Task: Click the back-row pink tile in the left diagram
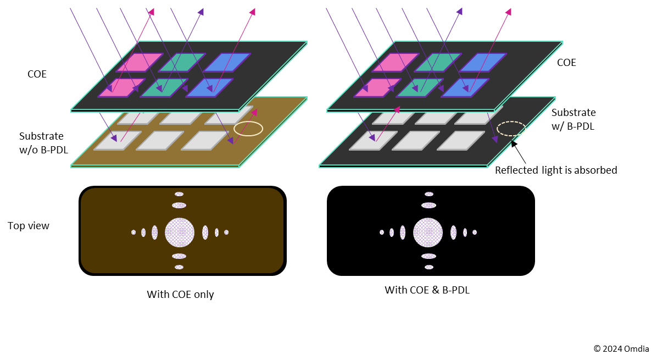pos(140,62)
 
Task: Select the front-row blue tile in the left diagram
pos(209,87)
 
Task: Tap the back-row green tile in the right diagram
pos(438,62)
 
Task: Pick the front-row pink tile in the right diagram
pos(377,87)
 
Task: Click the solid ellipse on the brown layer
pos(248,129)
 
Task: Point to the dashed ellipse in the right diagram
pos(511,129)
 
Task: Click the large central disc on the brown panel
pos(180,232)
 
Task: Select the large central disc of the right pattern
pos(428,232)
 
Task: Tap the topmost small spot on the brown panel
pos(179,194)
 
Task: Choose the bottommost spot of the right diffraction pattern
pos(429,267)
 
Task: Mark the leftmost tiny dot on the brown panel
pos(133,232)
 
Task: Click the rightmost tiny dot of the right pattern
pos(475,232)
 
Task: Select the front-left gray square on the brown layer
pos(118,140)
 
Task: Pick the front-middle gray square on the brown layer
pos(160,140)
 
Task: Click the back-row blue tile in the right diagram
pos(483,62)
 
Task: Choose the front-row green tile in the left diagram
pos(164,87)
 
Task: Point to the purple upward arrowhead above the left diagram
pos(201,12)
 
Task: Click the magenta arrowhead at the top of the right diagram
pos(509,12)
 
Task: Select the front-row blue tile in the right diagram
pos(465,87)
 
